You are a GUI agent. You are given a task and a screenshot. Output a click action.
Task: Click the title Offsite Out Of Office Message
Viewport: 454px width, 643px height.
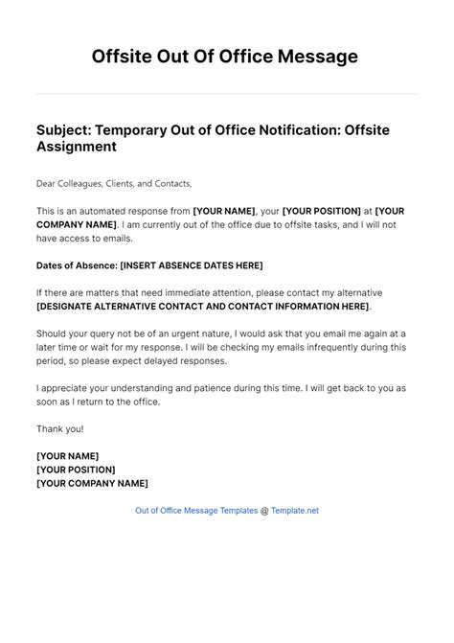[x=226, y=57]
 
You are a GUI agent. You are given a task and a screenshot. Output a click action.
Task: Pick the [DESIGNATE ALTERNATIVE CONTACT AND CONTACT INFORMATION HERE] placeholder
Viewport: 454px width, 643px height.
[x=201, y=306]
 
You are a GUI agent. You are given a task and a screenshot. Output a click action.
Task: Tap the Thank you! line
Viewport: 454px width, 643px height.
[x=58, y=429]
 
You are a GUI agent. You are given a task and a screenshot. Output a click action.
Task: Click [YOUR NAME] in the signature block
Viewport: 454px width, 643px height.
[x=67, y=456]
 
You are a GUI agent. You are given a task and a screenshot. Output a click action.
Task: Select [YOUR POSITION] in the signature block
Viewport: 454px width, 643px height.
[x=76, y=470]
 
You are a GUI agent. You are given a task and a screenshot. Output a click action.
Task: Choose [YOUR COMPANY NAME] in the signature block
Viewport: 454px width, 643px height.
[x=91, y=484]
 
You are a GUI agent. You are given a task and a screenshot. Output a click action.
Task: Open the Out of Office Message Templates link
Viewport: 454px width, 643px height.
[x=195, y=511]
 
